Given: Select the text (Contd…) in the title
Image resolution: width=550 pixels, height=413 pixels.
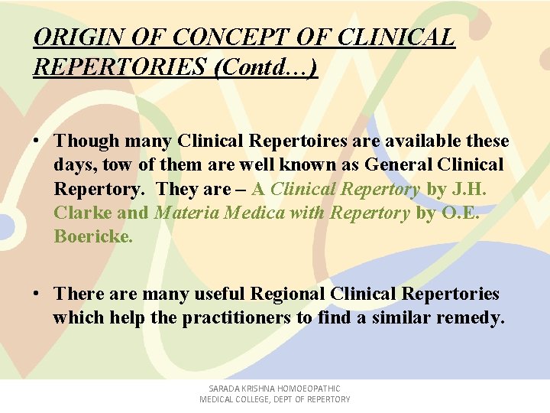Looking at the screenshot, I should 267,67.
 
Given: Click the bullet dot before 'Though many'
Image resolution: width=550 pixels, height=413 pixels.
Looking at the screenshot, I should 37,141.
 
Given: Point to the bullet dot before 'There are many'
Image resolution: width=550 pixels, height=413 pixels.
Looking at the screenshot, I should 37,294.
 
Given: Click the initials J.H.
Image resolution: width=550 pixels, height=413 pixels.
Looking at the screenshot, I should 468,189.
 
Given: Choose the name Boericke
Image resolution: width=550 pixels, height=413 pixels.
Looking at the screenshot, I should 93,237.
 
